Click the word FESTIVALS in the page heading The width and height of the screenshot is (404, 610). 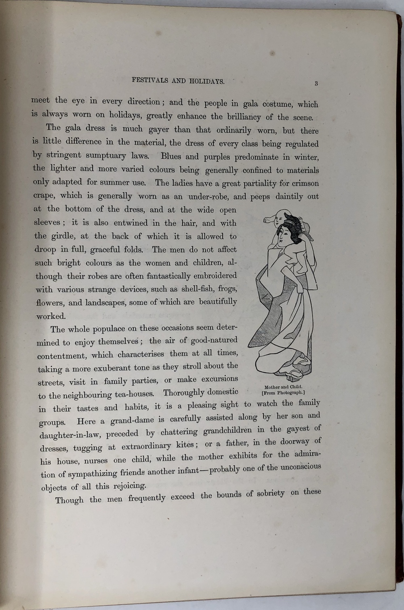pos(149,80)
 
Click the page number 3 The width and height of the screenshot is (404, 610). pos(316,83)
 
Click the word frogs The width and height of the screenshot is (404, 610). pos(227,289)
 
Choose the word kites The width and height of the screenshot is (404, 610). pos(184,445)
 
